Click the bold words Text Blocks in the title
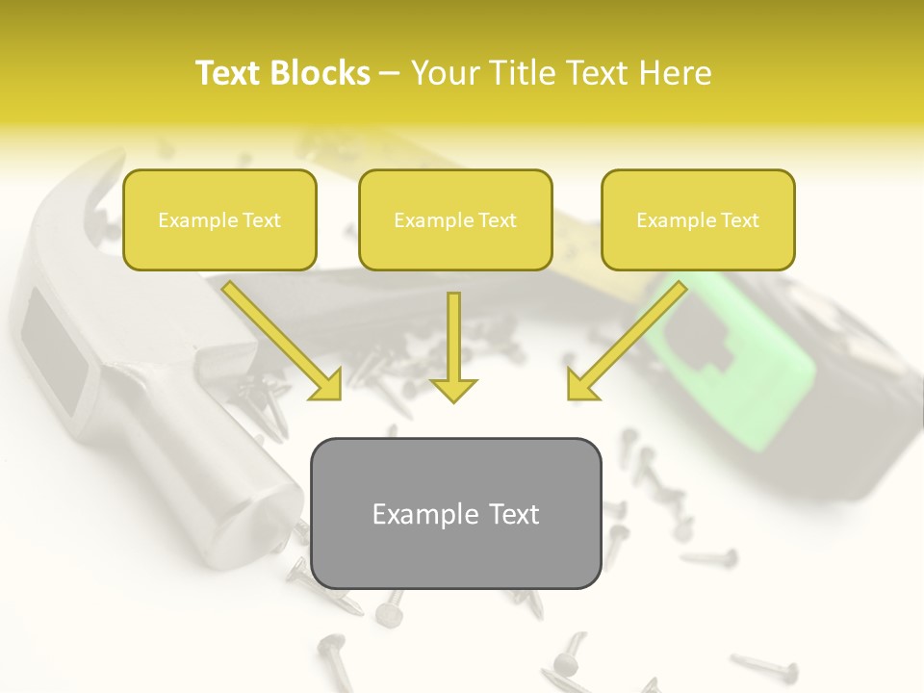[x=282, y=73]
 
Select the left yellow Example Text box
[x=219, y=219]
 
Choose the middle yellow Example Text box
[x=455, y=219]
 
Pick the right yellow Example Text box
[x=698, y=219]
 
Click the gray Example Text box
[x=455, y=513]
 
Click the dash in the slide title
[x=390, y=73]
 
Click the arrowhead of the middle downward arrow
[x=453, y=389]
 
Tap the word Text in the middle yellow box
[x=498, y=220]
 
